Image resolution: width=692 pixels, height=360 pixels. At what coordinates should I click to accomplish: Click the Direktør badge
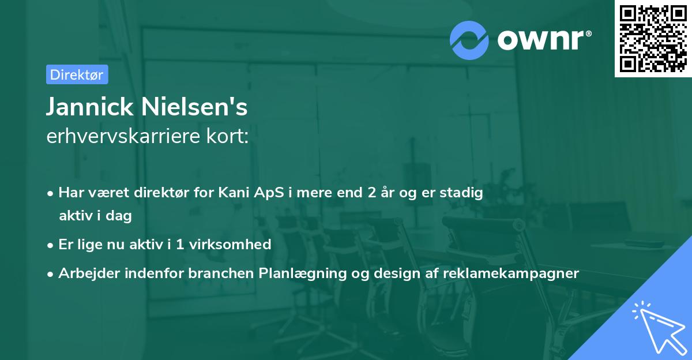point(77,74)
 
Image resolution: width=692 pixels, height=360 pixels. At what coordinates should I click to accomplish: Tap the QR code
point(653,39)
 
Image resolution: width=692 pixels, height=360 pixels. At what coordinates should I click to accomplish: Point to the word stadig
point(461,193)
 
